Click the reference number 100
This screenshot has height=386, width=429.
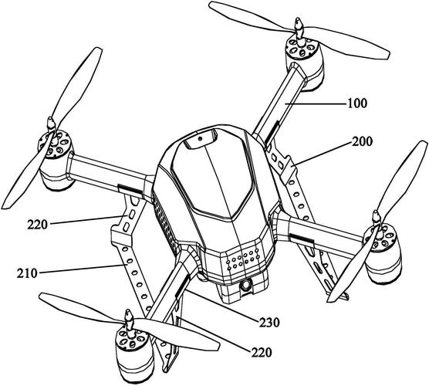(x=357, y=103)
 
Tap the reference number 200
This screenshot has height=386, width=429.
(x=362, y=142)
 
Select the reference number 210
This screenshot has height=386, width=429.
(x=27, y=273)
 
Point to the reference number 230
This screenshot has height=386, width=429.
(x=269, y=323)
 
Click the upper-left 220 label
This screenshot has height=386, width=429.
(x=37, y=225)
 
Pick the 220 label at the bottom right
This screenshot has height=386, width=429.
(x=262, y=353)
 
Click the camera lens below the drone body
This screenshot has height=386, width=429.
(x=246, y=286)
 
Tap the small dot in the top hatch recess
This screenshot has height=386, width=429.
(x=201, y=138)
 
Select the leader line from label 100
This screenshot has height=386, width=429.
(x=314, y=103)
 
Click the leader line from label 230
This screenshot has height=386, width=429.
(x=221, y=305)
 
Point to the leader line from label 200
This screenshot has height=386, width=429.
(x=320, y=154)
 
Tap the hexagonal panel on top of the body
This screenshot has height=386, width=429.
(x=211, y=175)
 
